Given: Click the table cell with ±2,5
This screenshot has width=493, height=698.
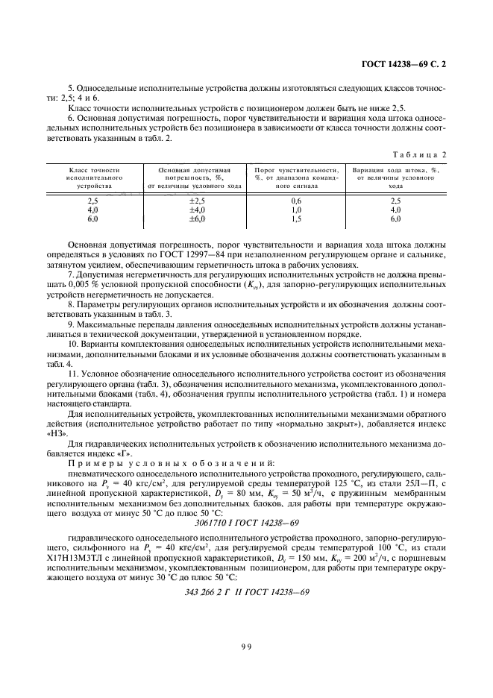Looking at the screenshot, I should pos(195,201).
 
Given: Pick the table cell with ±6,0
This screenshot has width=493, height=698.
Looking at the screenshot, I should pos(195,219).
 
